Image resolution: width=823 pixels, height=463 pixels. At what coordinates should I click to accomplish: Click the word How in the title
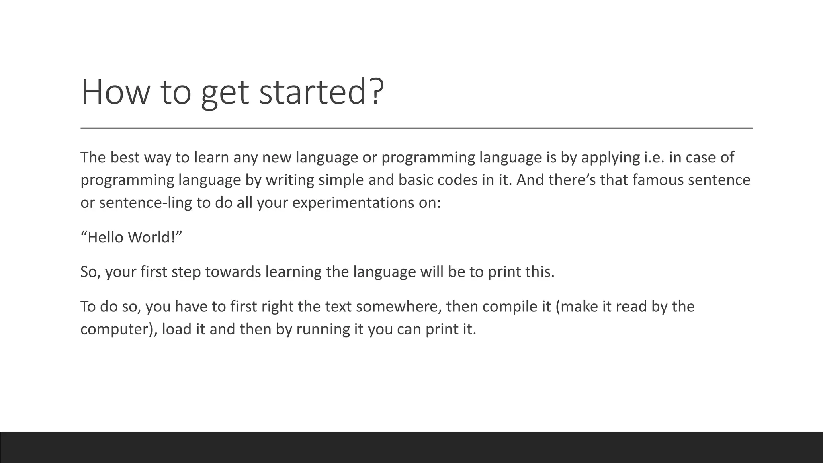point(115,92)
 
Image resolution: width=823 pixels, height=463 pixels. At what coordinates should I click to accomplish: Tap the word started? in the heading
point(321,92)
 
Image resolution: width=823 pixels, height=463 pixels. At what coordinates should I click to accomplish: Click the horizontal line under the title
point(416,128)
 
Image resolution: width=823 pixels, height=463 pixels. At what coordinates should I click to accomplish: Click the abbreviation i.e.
point(654,157)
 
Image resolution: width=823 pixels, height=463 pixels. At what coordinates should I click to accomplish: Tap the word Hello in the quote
point(105,237)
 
